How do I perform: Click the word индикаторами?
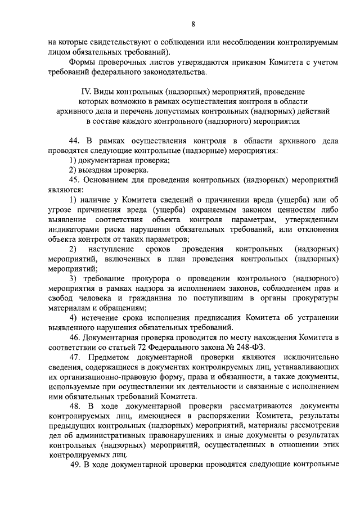74,229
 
